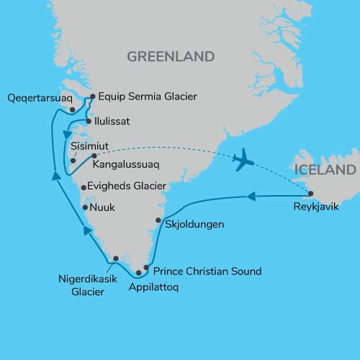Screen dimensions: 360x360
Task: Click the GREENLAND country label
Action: click(171, 56)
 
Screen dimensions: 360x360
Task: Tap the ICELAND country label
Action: click(325, 171)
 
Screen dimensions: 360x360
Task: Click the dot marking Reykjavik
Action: click(310, 193)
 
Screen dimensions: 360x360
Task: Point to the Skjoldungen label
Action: click(194, 224)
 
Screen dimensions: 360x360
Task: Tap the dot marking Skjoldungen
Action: click(158, 220)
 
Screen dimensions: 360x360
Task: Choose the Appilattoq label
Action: click(153, 286)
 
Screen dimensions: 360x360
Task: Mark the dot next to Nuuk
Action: click(86, 208)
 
